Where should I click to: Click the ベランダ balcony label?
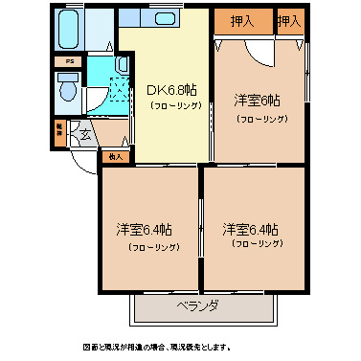197,306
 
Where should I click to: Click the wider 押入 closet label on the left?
241,21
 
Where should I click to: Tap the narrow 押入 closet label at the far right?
287,21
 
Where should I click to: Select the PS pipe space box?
66,62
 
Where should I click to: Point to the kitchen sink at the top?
161,20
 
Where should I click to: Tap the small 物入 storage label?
116,155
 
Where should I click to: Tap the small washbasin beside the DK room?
123,64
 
